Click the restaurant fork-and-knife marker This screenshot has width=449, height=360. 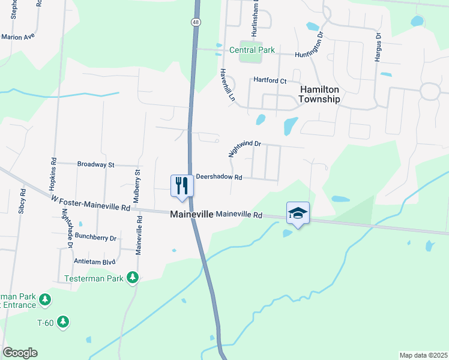click(181, 185)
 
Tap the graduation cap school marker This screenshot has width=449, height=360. click(297, 213)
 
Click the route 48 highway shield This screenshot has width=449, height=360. click(196, 22)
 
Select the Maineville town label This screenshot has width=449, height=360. click(191, 214)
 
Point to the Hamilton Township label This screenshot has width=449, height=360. click(320, 94)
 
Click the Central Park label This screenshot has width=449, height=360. click(253, 50)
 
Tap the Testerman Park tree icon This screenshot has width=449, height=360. click(132, 278)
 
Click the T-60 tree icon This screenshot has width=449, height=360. click(62, 322)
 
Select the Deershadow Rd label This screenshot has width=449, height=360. click(219, 178)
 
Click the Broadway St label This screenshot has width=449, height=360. click(95, 164)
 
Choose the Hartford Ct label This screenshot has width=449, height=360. click(270, 80)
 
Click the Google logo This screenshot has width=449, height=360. click(20, 353)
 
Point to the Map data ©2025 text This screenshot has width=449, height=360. click(423, 355)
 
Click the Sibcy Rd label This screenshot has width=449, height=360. click(22, 200)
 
